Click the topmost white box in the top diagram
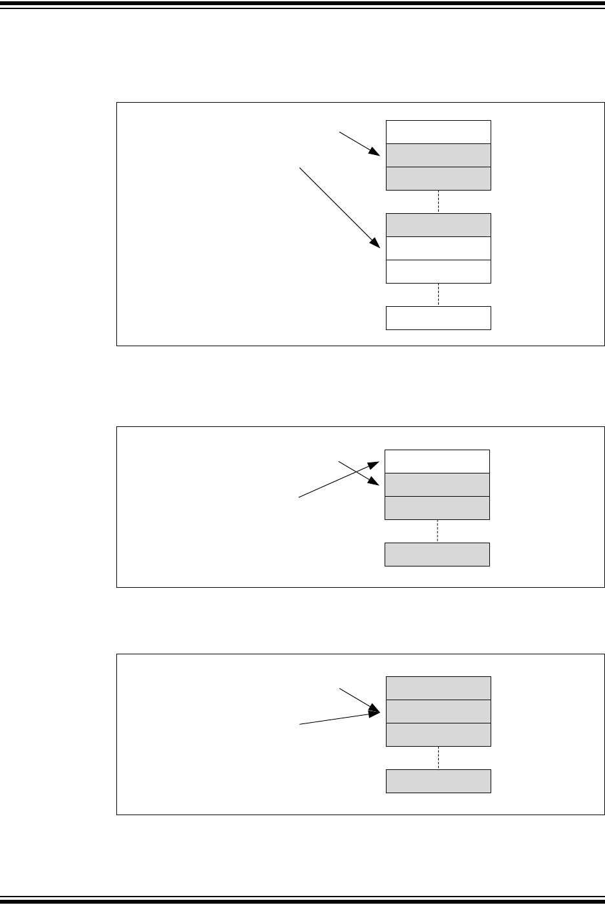(x=438, y=132)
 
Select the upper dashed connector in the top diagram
(x=438, y=202)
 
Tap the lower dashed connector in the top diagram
(x=438, y=295)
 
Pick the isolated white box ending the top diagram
(x=438, y=318)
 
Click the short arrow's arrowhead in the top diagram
(x=376, y=153)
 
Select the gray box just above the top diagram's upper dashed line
(x=438, y=178)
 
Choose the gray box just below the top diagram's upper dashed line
(x=438, y=225)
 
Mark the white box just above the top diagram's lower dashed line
(x=438, y=271)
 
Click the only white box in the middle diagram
(x=437, y=461)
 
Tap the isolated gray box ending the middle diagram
(x=437, y=554)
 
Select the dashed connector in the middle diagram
(x=438, y=531)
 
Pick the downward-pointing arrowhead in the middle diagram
(x=374, y=482)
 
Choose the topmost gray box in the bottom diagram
(x=438, y=688)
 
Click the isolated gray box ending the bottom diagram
(x=438, y=781)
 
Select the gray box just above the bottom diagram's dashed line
(x=438, y=734)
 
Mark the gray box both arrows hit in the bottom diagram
(x=438, y=711)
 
